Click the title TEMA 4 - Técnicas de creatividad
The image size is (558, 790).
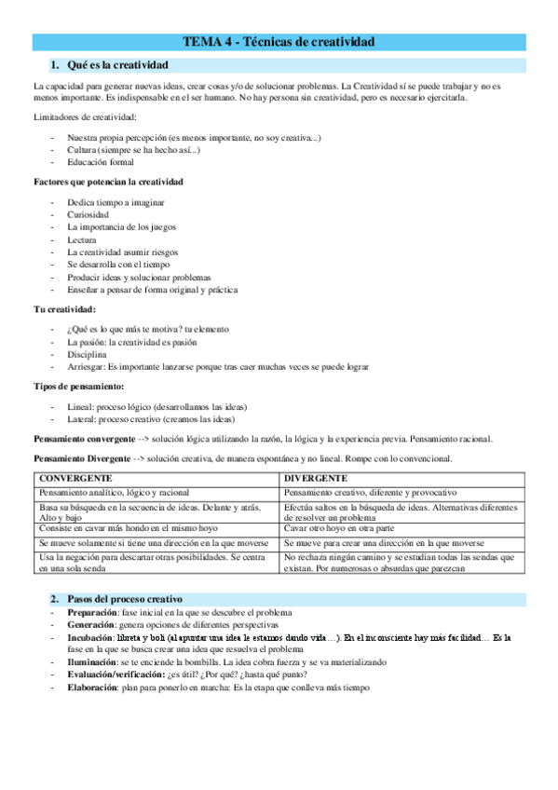(x=279, y=42)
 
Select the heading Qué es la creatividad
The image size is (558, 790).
(x=117, y=64)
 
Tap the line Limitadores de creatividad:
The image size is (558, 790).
(x=84, y=116)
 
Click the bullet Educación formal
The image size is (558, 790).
(x=101, y=162)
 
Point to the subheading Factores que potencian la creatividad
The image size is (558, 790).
(x=108, y=181)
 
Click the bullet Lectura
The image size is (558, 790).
(x=82, y=239)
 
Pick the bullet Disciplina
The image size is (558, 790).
(x=87, y=354)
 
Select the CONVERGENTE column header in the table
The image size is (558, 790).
(x=75, y=478)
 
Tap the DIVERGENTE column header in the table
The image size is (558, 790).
(x=316, y=478)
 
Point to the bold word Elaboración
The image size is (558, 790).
(x=96, y=688)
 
